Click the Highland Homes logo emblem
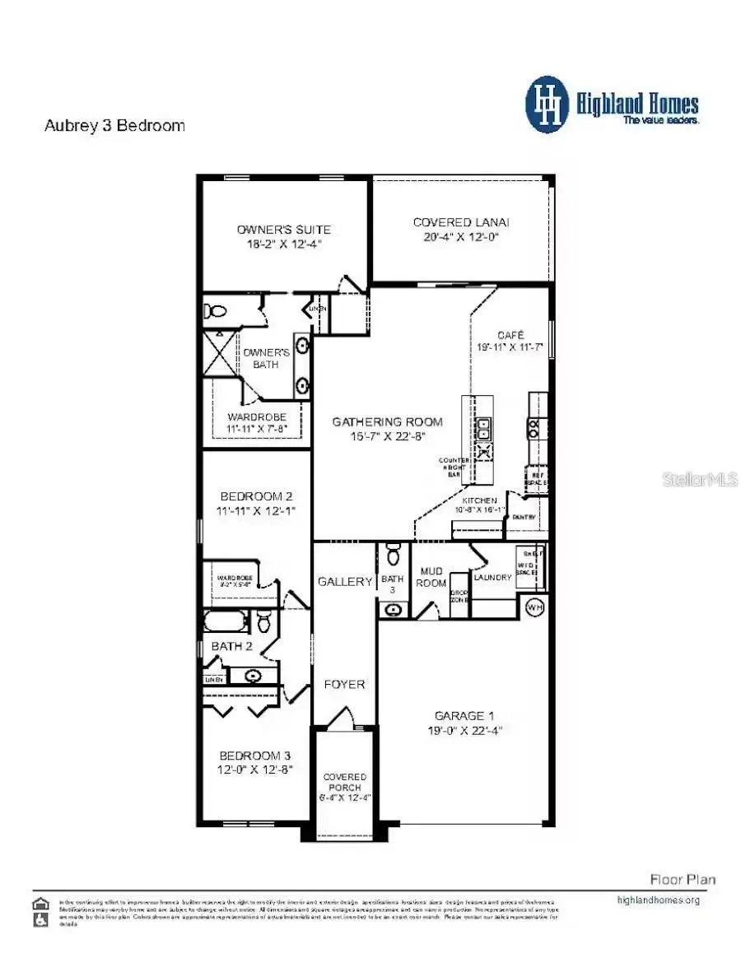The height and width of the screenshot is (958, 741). [x=547, y=105]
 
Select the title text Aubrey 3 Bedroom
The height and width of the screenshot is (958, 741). [x=114, y=126]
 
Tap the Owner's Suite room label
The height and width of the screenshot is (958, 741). [x=283, y=229]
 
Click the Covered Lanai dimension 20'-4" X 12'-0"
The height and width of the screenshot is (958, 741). [x=461, y=237]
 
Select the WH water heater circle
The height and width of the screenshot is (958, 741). [x=535, y=607]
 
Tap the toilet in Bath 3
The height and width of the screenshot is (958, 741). [x=393, y=555]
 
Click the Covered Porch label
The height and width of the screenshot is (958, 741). [x=344, y=782]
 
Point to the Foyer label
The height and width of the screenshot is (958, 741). [x=344, y=684]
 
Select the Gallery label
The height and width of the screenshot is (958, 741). [x=345, y=581]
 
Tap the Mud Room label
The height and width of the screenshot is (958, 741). [x=432, y=577]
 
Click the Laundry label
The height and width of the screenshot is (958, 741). [x=492, y=577]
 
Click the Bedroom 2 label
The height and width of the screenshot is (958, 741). [x=255, y=496]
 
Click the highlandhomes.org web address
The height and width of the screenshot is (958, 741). [x=658, y=900]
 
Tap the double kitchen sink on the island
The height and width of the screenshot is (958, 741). [x=484, y=428]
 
